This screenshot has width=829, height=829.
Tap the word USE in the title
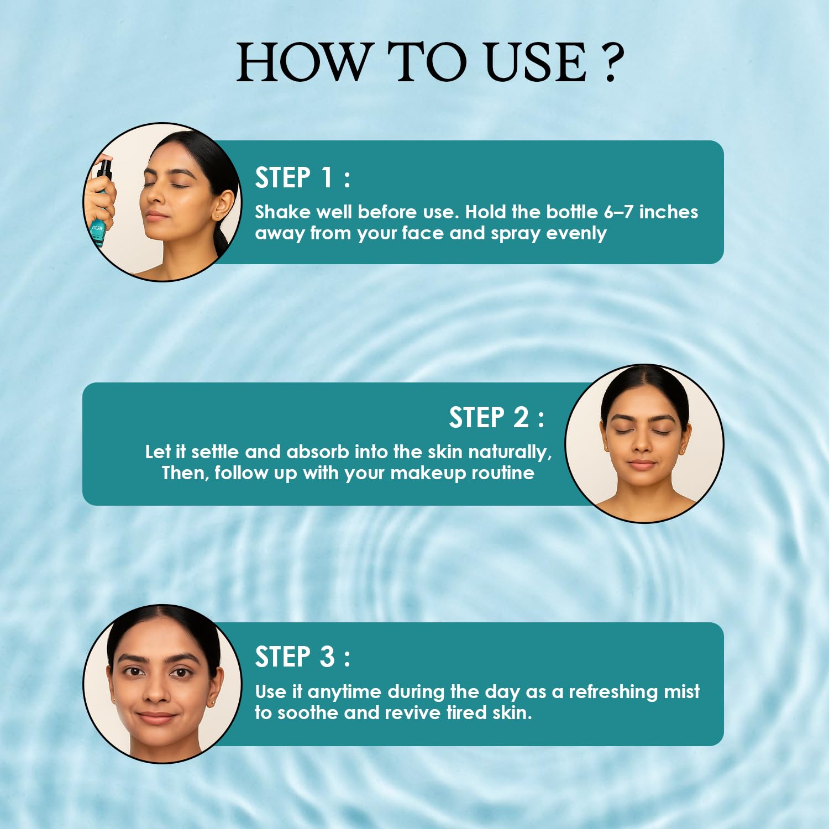tap(536, 62)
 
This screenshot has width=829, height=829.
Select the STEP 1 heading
tap(302, 177)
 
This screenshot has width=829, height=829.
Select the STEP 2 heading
tap(496, 417)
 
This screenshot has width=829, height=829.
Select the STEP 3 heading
tap(302, 657)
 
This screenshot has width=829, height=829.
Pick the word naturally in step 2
tap(510, 453)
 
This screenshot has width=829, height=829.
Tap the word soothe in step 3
tap(308, 713)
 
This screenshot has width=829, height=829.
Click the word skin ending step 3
tap(512, 713)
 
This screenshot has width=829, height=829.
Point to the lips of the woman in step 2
tap(642, 464)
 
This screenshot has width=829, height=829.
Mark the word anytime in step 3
tap(344, 692)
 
